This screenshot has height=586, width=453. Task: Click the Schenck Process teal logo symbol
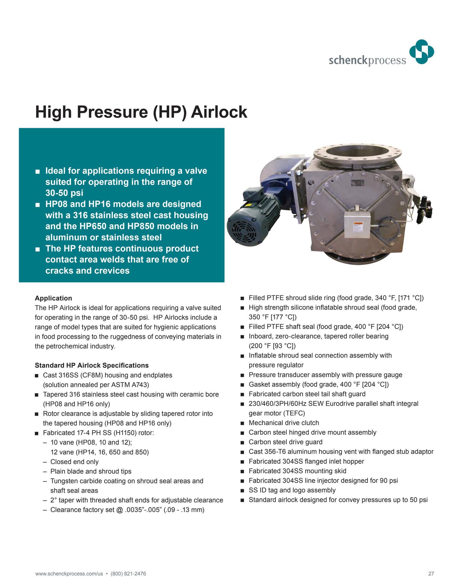tap(422, 52)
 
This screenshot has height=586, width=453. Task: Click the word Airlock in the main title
tap(219, 112)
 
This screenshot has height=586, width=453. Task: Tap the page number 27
tap(431, 573)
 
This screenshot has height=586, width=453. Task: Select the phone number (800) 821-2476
tap(128, 573)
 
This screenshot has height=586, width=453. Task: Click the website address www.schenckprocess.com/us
tap(69, 573)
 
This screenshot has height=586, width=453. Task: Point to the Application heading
tap(54, 298)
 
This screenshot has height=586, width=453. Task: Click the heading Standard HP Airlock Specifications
tap(92, 365)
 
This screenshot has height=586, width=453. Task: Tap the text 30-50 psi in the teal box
tap(64, 193)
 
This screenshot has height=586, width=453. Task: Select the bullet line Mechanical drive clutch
tap(284, 423)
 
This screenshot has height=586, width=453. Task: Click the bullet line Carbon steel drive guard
tap(285, 442)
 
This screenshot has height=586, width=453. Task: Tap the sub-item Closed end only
tap(74, 462)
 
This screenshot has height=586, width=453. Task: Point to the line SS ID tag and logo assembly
tap(292, 490)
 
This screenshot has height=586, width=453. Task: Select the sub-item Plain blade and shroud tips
tap(91, 471)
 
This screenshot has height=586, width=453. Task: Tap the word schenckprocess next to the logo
tap(367, 60)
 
